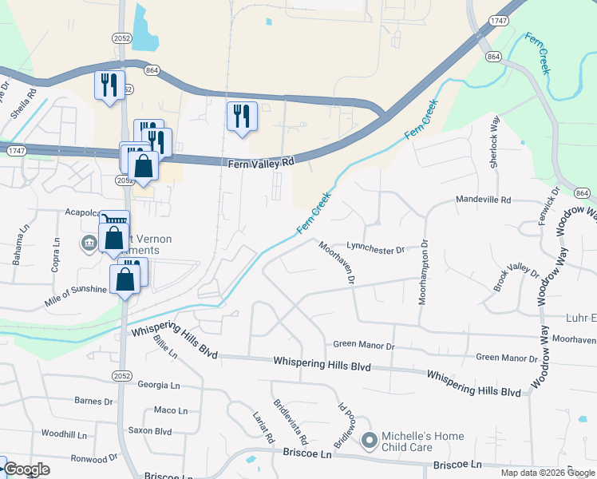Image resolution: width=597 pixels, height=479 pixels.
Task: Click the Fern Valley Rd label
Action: pyautogui.click(x=261, y=162)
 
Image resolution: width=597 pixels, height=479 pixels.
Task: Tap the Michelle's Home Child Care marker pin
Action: pyautogui.click(x=370, y=440)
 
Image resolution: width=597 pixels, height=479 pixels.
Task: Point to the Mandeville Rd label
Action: pyautogui.click(x=482, y=200)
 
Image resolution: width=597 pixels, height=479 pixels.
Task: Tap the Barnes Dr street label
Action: pyautogui.click(x=94, y=401)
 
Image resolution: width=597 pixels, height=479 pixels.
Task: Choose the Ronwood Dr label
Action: pyautogui.click(x=94, y=459)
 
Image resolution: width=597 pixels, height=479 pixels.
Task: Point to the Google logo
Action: pyautogui.click(x=26, y=469)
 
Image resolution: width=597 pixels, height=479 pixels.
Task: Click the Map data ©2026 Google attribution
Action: pyautogui.click(x=548, y=473)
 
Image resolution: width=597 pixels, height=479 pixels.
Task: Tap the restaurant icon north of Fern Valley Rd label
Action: pyautogui.click(x=241, y=117)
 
